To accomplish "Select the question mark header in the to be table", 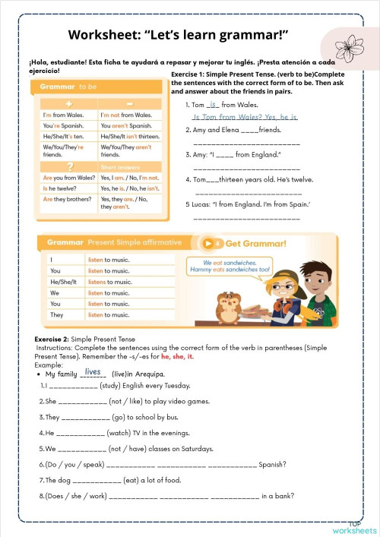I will [69, 166].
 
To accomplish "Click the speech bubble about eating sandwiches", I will [230, 266].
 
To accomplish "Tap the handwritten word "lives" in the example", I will [93, 371].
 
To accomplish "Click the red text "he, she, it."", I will [178, 356].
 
